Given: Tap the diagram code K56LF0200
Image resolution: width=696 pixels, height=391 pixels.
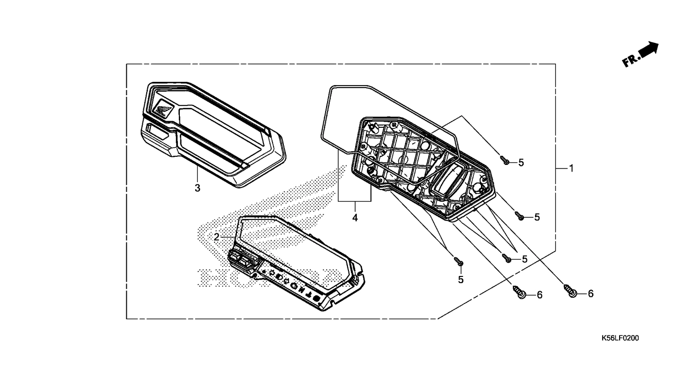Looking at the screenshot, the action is [620, 338].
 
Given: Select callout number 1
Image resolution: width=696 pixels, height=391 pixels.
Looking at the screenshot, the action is [571, 169].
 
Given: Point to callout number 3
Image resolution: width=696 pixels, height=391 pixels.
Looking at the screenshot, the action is [197, 188].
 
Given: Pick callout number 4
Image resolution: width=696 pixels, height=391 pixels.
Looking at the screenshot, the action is [355, 218].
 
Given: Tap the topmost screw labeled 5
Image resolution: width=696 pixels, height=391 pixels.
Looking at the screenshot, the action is [504, 160].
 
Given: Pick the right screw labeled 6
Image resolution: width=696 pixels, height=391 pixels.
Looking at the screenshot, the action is [570, 291].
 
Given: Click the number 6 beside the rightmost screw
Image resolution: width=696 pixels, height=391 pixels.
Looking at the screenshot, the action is [591, 293].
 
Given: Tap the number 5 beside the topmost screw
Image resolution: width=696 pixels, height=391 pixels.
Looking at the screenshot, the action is [521, 162].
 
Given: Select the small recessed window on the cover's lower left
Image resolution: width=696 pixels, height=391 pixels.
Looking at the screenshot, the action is [157, 131].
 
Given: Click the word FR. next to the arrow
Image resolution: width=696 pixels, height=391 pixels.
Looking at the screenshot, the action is [630, 62].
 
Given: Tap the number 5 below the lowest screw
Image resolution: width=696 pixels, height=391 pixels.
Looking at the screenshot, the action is [461, 280].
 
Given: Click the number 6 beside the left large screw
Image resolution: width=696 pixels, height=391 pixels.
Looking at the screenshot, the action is [540, 295].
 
